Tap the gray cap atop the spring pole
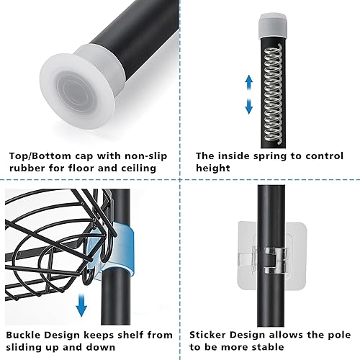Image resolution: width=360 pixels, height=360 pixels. [273, 25]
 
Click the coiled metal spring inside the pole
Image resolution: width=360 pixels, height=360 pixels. [274, 94]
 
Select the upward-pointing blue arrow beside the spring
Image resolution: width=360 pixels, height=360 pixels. [249, 83]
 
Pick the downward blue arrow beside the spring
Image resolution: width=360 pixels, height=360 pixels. [249, 106]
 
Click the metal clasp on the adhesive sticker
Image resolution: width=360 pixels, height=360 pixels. [276, 261]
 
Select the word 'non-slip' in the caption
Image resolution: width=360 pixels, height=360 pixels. [145, 156]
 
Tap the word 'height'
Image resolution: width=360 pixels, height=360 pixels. [213, 168]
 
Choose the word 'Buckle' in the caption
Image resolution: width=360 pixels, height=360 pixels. [24, 335]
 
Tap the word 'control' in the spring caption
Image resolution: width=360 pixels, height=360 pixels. [325, 156]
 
